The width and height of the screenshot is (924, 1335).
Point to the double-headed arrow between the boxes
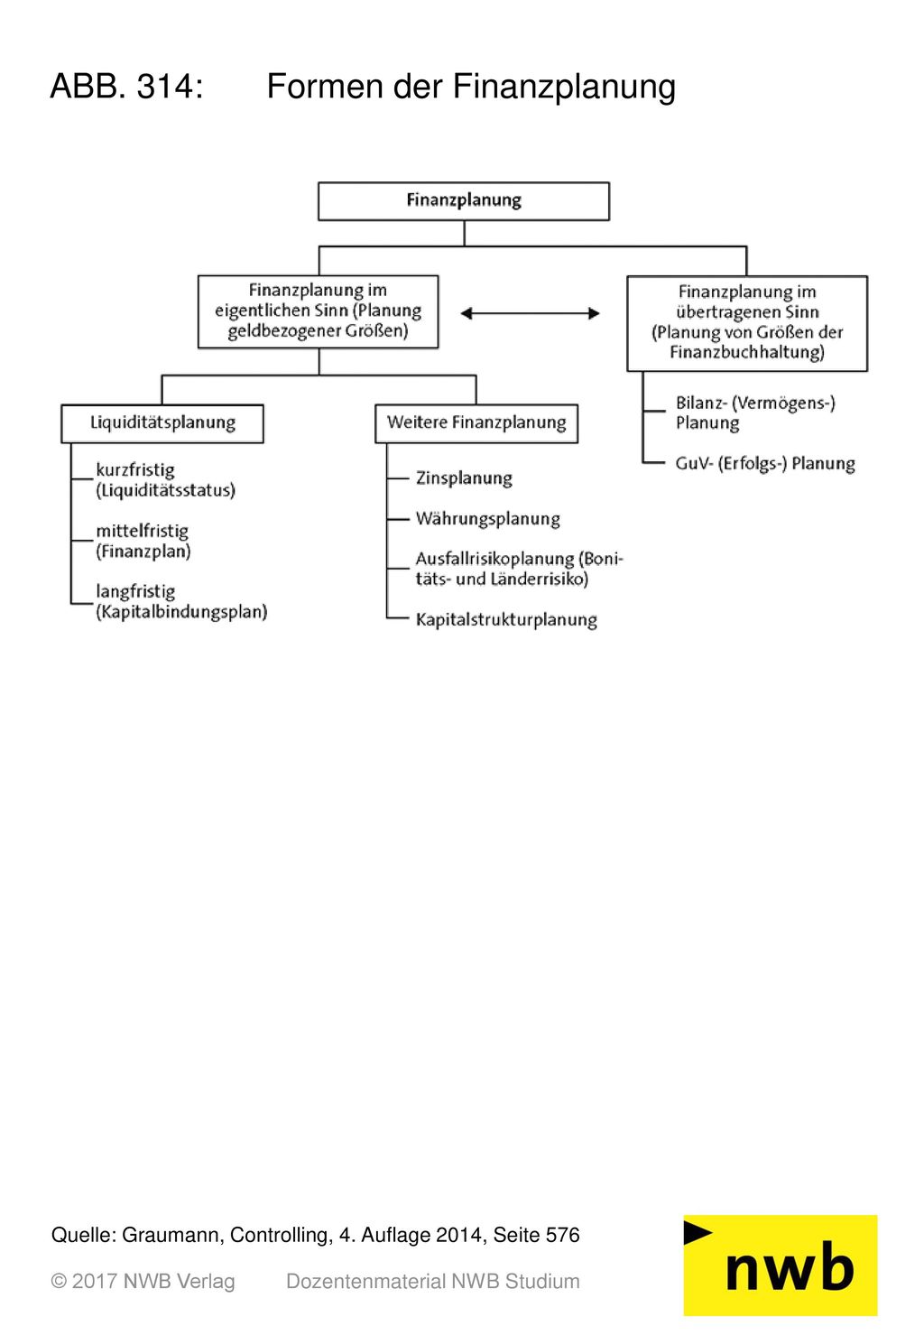tap(530, 313)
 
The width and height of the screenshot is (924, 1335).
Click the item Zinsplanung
tap(464, 478)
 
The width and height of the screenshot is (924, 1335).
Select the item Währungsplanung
tap(487, 518)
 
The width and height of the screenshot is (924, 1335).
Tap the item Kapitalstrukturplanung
tap(506, 619)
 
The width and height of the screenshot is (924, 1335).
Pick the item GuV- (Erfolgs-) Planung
tap(765, 463)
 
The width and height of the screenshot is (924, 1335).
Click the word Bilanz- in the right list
tap(700, 403)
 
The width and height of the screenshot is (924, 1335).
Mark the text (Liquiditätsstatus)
tap(166, 490)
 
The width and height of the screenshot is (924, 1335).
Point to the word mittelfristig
tap(142, 530)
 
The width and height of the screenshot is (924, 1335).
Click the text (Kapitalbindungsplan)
tap(181, 611)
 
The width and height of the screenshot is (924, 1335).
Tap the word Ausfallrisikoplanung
tap(494, 559)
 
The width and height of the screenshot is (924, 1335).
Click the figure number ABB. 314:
tap(127, 86)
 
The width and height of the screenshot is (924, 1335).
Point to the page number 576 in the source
tap(563, 1235)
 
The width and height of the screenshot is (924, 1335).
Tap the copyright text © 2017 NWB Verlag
tap(143, 1282)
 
